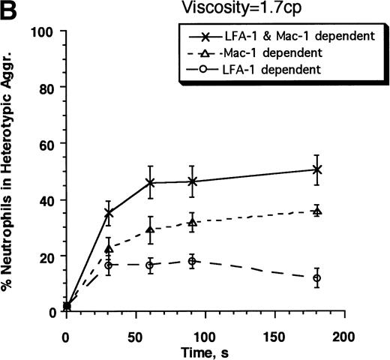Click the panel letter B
click(x=10, y=10)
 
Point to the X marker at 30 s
click(x=109, y=214)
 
